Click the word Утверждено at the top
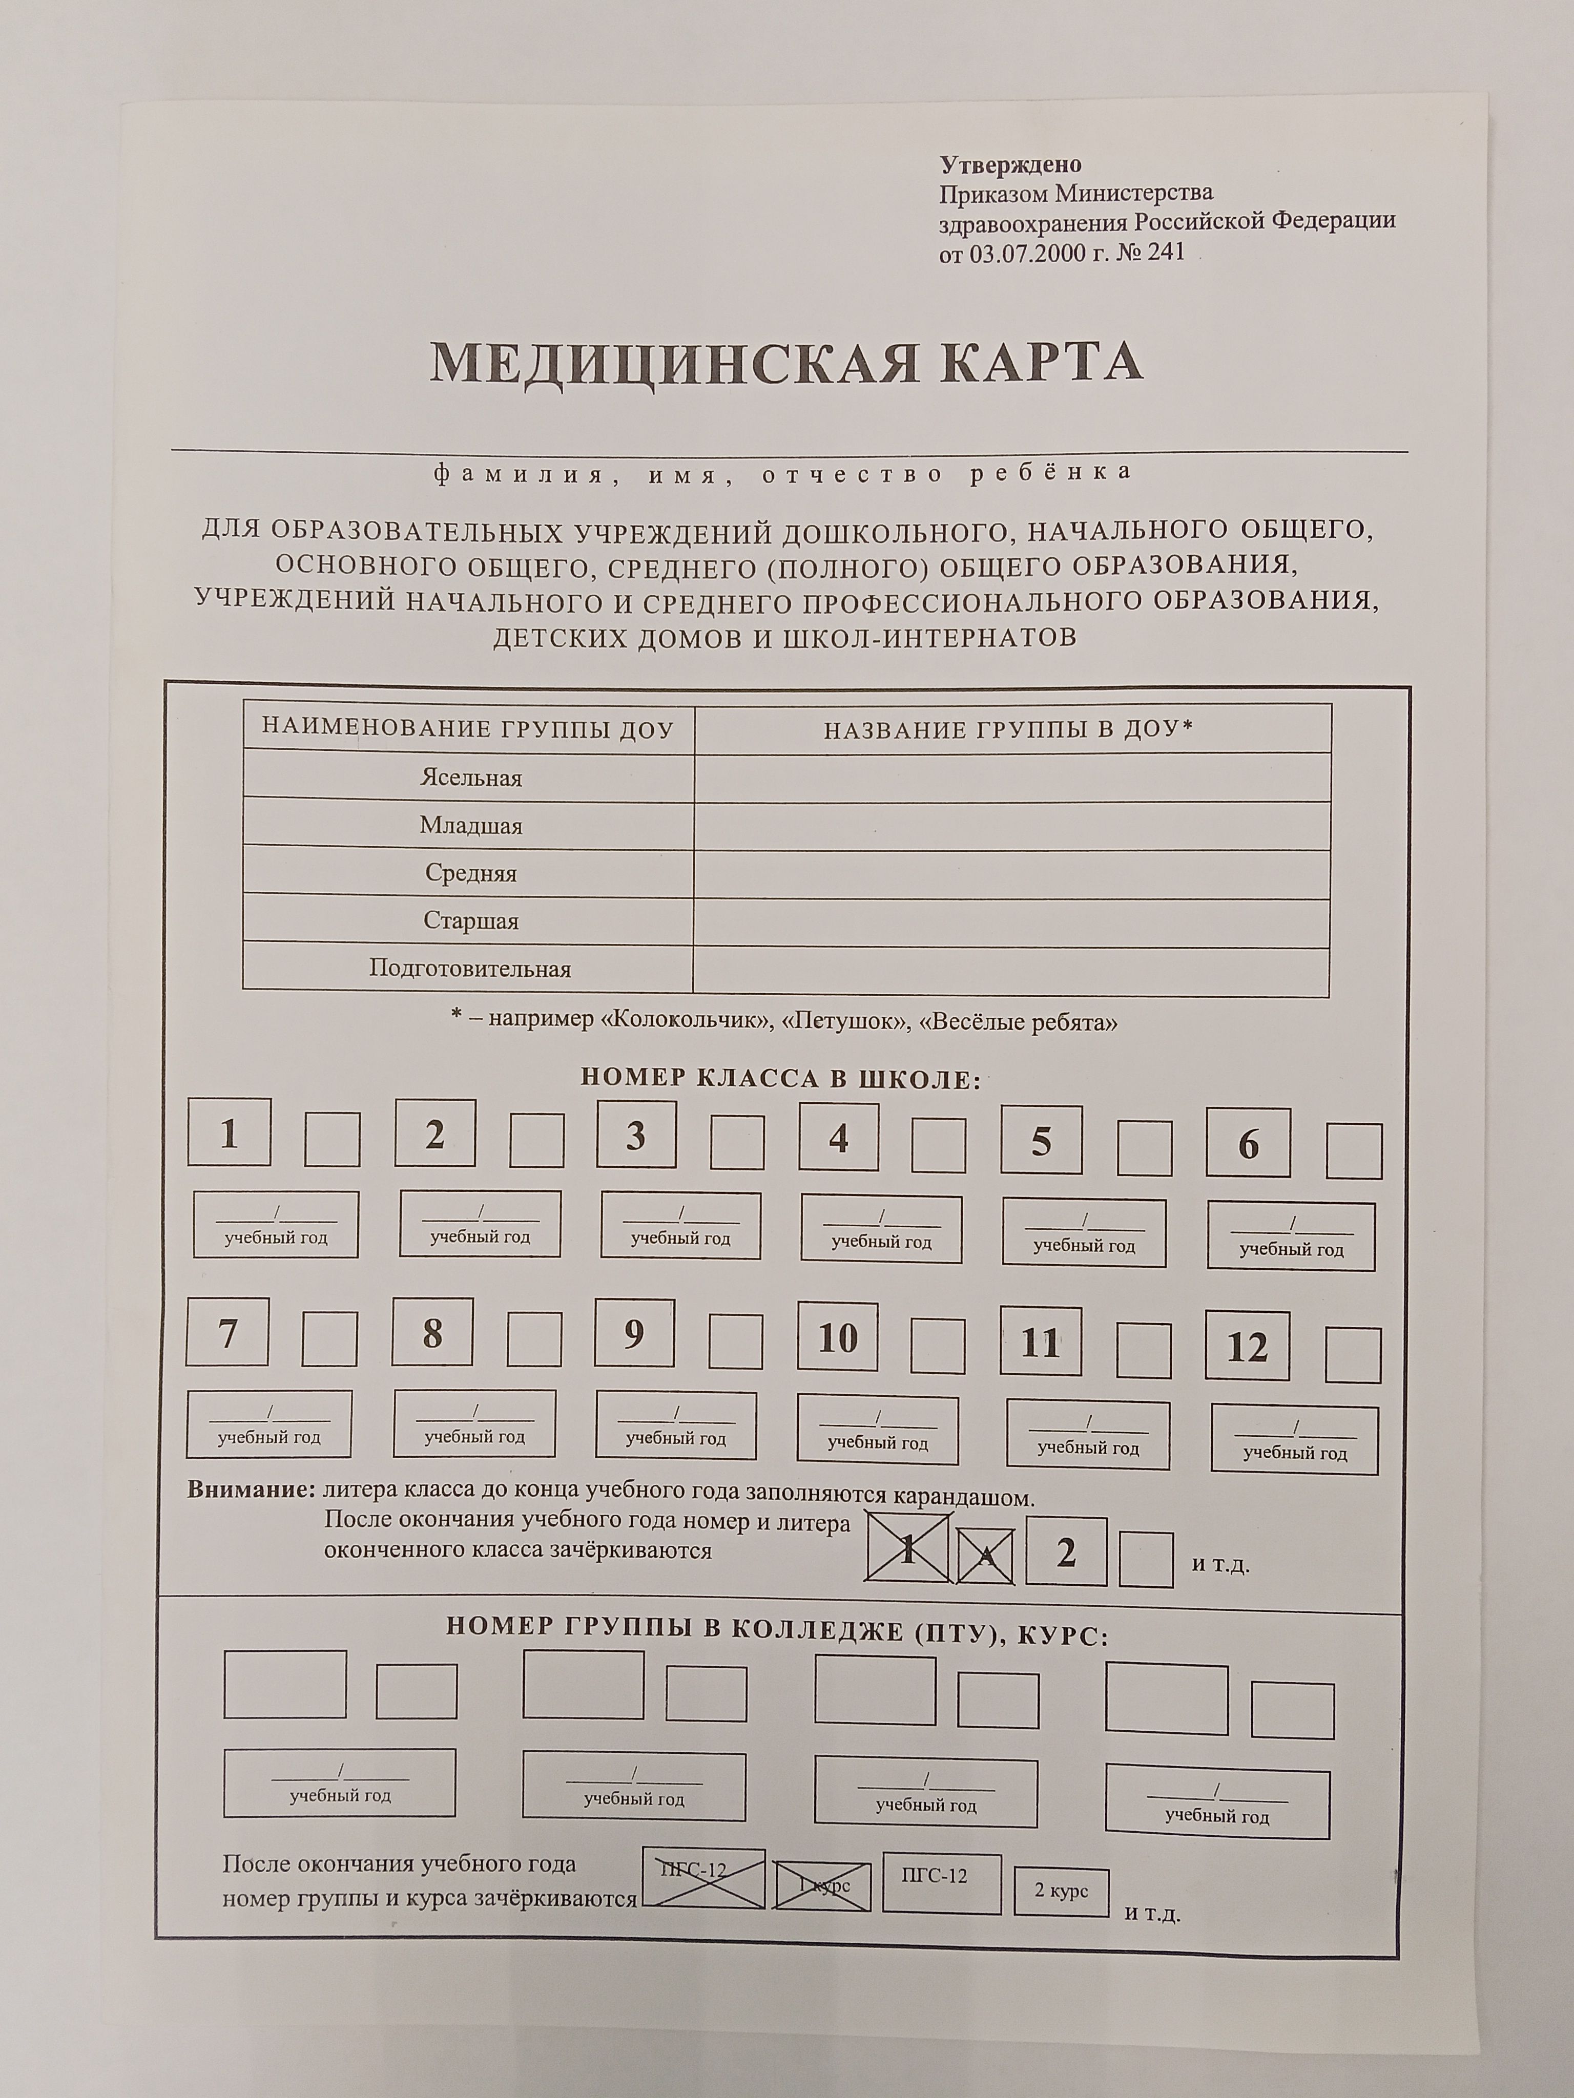(1010, 165)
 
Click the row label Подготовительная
(470, 969)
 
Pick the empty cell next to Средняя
(1011, 873)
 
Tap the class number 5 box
(1041, 1141)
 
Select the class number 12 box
(1247, 1346)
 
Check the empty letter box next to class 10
(937, 1345)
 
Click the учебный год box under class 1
(276, 1225)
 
